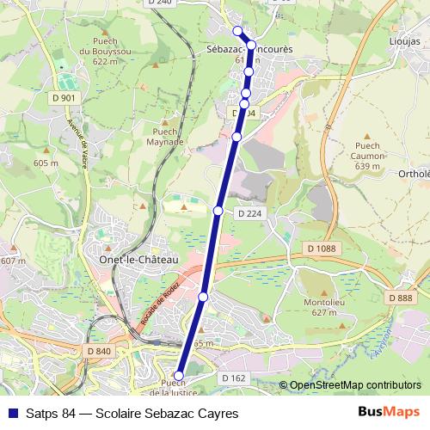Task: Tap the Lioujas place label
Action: point(404,40)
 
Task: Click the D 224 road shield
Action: point(249,212)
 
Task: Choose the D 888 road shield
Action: point(400,298)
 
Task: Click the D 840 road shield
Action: point(100,351)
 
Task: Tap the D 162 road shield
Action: point(234,378)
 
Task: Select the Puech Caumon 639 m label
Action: point(366,156)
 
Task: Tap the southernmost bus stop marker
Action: point(179,376)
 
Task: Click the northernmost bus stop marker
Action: point(238,31)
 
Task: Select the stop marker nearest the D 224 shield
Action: point(218,211)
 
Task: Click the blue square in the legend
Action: point(11,414)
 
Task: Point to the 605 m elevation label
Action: point(45,163)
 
